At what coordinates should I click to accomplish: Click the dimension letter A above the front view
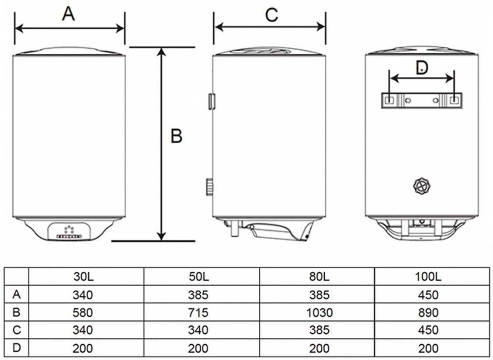pyautogui.click(x=69, y=14)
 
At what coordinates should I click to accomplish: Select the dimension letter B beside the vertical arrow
pyautogui.click(x=176, y=136)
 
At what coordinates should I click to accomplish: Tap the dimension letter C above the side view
pyautogui.click(x=271, y=15)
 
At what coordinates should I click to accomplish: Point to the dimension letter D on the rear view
pyautogui.click(x=421, y=67)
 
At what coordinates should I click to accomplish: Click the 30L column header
pyautogui.click(x=83, y=277)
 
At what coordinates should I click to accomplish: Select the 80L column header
pyautogui.click(x=319, y=277)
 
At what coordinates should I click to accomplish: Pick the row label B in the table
pyautogui.click(x=17, y=313)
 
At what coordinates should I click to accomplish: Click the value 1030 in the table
pyautogui.click(x=319, y=313)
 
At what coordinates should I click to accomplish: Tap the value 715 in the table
pyautogui.click(x=199, y=313)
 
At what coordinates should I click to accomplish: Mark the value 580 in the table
pyautogui.click(x=83, y=313)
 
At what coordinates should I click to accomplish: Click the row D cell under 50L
pyautogui.click(x=199, y=348)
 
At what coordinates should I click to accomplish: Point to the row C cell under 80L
pyautogui.click(x=319, y=330)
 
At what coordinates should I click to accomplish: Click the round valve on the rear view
pyautogui.click(x=422, y=187)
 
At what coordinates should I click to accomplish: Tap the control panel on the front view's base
pyautogui.click(x=69, y=231)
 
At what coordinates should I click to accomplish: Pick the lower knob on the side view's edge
pyautogui.click(x=210, y=187)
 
